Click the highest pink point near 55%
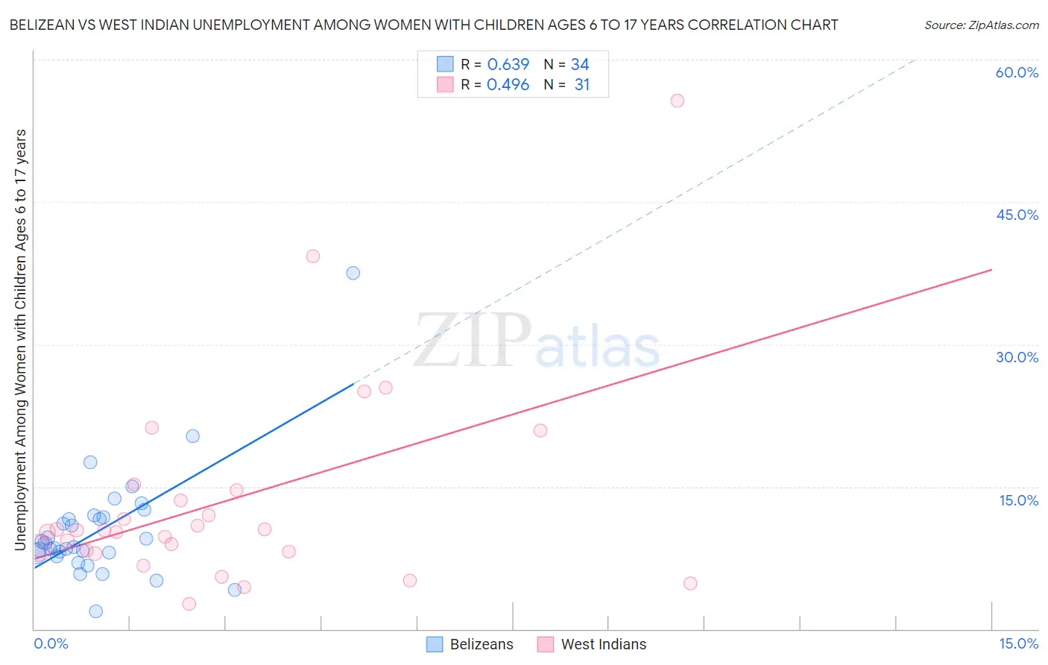[x=677, y=101]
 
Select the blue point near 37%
[x=353, y=273]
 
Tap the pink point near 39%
[x=313, y=256]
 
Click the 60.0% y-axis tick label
[x=1017, y=72]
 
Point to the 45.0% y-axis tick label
[x=1017, y=215]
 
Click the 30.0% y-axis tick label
[x=1017, y=357]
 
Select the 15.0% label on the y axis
[x=1018, y=500]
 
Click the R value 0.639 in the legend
[x=508, y=65]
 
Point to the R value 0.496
[x=508, y=85]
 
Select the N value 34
[x=580, y=65]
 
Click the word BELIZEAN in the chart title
[x=45, y=25]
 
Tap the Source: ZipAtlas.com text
[x=981, y=25]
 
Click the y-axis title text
[x=21, y=340]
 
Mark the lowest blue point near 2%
[x=96, y=611]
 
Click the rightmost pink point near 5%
[x=690, y=583]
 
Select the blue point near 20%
[x=193, y=436]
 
